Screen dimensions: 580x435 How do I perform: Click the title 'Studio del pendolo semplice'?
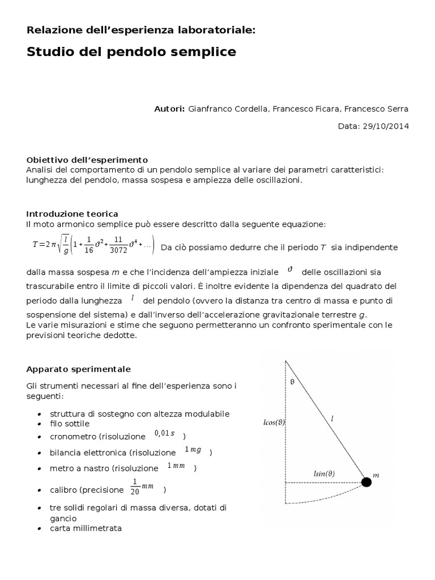click(131, 52)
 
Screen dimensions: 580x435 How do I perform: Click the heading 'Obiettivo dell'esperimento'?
click(87, 160)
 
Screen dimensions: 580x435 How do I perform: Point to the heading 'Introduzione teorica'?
click(72, 214)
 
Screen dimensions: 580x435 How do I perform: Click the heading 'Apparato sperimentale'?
click(79, 369)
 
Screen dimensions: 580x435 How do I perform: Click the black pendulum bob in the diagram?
click(366, 482)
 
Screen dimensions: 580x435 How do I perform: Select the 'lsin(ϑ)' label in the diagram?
click(324, 473)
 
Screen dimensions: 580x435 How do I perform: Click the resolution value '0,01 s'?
click(165, 434)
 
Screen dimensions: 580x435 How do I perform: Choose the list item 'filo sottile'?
click(70, 423)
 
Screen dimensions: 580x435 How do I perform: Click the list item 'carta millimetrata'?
click(86, 528)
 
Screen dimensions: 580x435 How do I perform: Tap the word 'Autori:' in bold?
click(169, 108)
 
